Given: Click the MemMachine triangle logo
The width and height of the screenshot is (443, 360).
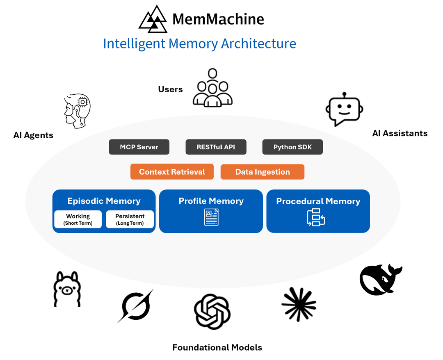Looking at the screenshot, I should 153,19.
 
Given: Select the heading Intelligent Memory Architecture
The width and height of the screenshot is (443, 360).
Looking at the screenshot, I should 199,43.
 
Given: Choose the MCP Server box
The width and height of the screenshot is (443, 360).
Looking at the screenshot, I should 139,147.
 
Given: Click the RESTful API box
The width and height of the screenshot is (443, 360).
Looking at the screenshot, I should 216,147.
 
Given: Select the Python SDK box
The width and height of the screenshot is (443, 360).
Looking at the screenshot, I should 292,147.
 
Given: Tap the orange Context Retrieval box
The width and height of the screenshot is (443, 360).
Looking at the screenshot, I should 172,172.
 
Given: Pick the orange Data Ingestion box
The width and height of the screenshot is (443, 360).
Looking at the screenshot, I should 263,172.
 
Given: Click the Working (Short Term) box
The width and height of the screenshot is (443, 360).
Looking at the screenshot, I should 78,219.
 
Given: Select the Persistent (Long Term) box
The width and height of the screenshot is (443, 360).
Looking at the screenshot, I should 130,219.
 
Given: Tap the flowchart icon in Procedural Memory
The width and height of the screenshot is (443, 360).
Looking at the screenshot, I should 316,217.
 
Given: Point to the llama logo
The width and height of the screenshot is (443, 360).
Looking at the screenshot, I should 67,289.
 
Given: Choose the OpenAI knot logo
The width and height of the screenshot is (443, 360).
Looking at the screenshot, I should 212,311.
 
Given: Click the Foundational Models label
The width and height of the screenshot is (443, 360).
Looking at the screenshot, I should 217,348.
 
